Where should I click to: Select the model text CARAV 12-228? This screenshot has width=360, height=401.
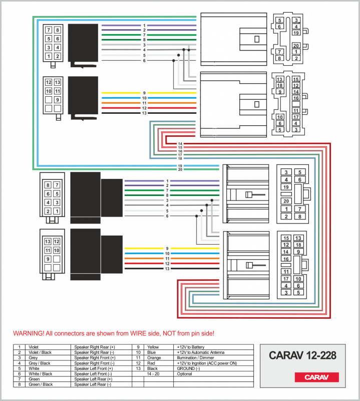click(302, 355)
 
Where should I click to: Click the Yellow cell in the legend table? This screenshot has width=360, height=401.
click(153, 347)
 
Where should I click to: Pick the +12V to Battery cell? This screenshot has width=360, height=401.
click(191, 347)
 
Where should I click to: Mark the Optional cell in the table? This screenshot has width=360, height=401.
click(185, 374)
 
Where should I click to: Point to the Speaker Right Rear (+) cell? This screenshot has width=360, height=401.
click(95, 347)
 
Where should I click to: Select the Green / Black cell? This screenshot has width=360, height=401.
click(41, 384)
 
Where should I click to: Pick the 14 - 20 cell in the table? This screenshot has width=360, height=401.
click(154, 374)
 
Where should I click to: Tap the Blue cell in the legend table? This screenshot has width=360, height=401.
click(151, 352)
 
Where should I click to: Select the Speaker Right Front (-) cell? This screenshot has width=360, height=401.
click(94, 363)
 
